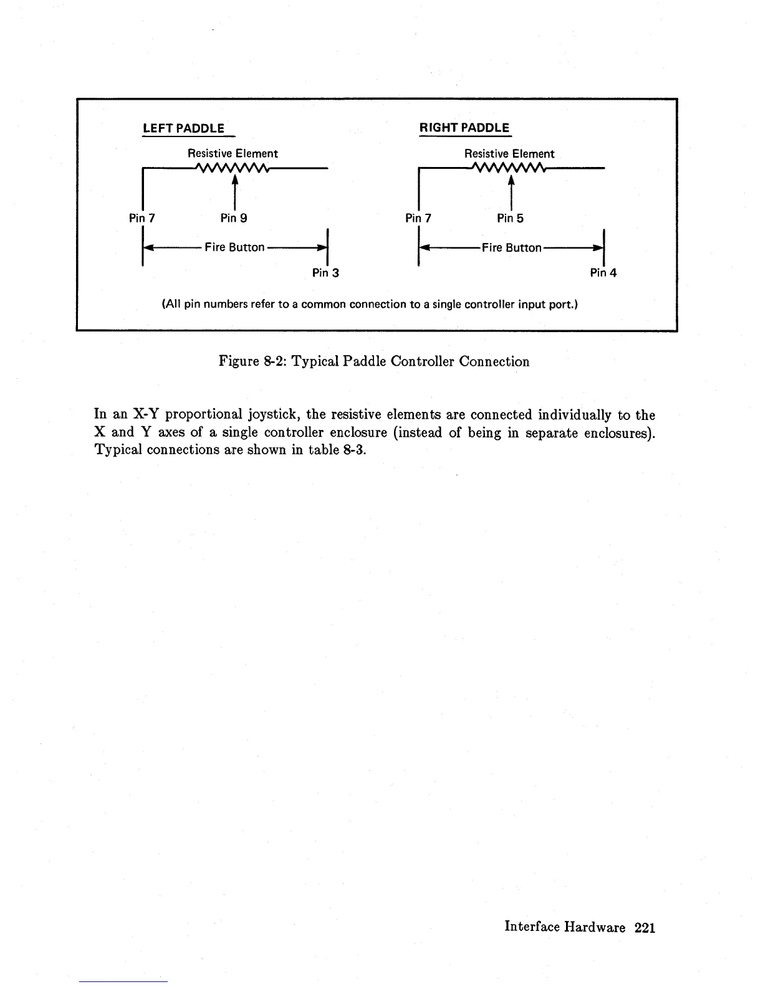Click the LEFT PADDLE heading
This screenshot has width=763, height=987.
pos(183,129)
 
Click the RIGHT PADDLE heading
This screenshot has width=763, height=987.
pos(464,128)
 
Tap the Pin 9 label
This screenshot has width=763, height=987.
pos(234,218)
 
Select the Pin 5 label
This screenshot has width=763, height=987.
pos(511,218)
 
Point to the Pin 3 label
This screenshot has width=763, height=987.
pos(325,273)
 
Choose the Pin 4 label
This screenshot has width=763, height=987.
pos(603,273)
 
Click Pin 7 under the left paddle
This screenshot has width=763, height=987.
pos(142,218)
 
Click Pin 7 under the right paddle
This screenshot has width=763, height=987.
pos(418,218)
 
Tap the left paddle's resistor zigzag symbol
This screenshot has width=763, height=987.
pos(231,168)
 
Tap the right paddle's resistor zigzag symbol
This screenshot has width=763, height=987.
pos(509,168)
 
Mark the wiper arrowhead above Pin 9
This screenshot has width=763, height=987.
pos(234,179)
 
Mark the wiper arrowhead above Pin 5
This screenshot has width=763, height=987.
pos(511,179)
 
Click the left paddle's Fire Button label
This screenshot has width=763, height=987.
pos(234,247)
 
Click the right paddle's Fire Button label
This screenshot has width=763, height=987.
pos(511,247)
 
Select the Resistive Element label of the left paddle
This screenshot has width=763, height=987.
pos(233,153)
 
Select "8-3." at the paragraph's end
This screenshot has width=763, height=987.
pos(351,450)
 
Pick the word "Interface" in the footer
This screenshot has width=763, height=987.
pos(532,928)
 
